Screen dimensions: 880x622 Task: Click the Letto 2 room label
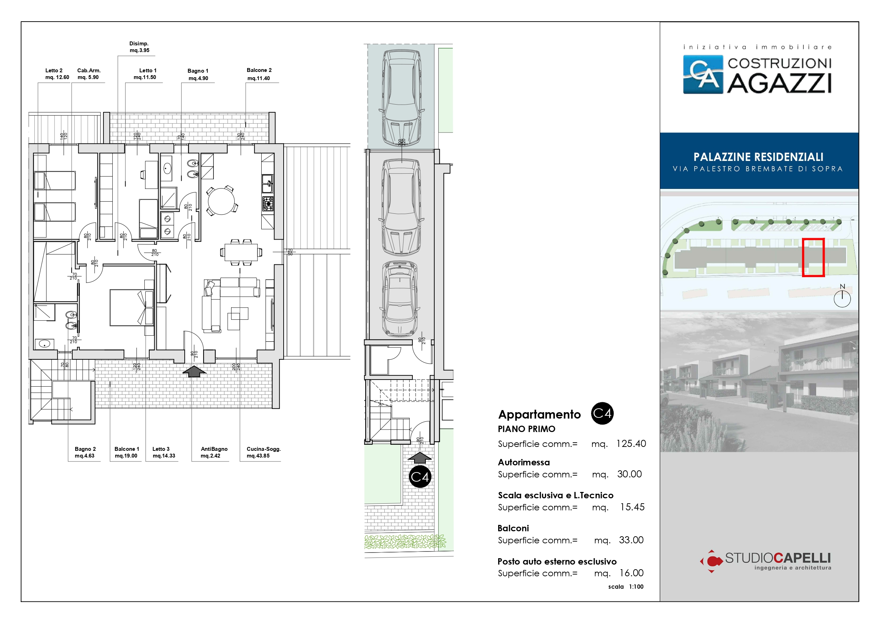57,74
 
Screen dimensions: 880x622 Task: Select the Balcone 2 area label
259,74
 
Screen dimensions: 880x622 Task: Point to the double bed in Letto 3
132,308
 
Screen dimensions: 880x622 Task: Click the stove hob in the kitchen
268,203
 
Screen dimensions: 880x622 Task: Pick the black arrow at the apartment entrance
194,371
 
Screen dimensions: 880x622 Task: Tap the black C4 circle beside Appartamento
602,414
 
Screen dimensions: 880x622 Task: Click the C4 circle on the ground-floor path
420,477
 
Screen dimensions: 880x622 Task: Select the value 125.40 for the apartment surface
631,443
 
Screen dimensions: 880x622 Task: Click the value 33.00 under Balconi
631,540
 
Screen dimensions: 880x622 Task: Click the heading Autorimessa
524,462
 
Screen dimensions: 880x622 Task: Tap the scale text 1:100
636,587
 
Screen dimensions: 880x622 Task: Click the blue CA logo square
703,74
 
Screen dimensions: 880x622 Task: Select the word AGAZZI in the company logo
779,83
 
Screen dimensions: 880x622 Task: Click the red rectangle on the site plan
813,257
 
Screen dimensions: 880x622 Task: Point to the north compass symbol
842,297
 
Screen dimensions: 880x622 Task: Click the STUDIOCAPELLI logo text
778,558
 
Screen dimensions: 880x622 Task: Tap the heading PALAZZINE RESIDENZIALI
758,157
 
